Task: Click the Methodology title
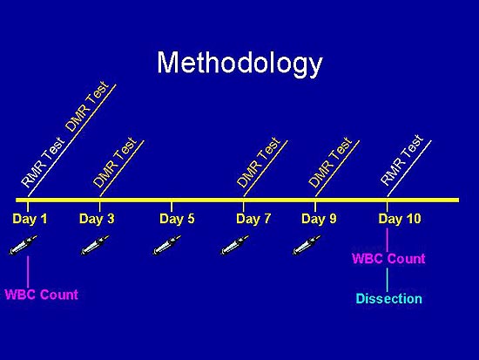tap(239, 65)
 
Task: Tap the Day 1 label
tap(30, 219)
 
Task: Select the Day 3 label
tap(97, 219)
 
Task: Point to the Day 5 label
tap(177, 219)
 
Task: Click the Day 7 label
tap(253, 219)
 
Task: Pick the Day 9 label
tap(319, 219)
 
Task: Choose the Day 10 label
tap(400, 219)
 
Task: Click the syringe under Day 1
tap(24, 245)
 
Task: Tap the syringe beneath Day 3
tap(95, 245)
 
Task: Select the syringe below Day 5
tap(167, 245)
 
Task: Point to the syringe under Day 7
tap(235, 245)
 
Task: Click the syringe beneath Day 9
tap(307, 245)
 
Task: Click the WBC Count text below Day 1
tap(42, 295)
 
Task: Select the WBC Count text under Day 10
tap(388, 259)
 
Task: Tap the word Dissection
tap(389, 298)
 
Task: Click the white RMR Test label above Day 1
tap(43, 162)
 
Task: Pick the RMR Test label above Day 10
tap(402, 160)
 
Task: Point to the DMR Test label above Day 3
tap(115, 162)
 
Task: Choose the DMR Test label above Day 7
tap(259, 162)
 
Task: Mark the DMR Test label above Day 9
tap(331, 162)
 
